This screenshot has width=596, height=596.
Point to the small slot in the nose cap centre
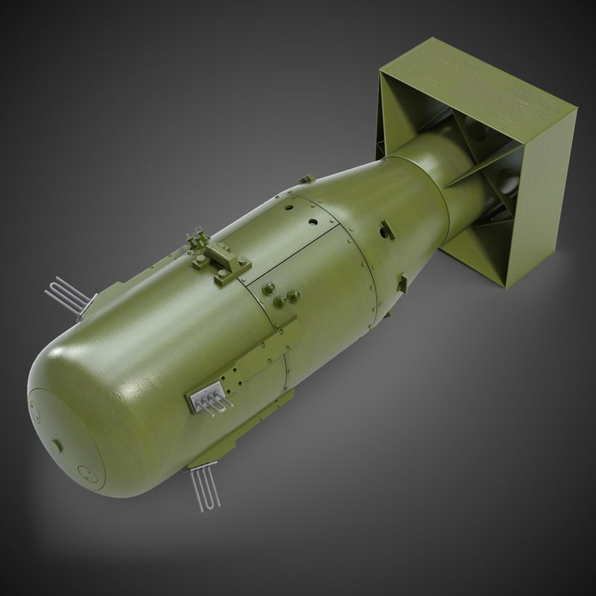[57, 445]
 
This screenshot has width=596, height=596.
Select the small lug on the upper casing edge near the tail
[307, 179]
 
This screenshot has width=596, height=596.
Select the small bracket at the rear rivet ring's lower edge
[402, 283]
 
